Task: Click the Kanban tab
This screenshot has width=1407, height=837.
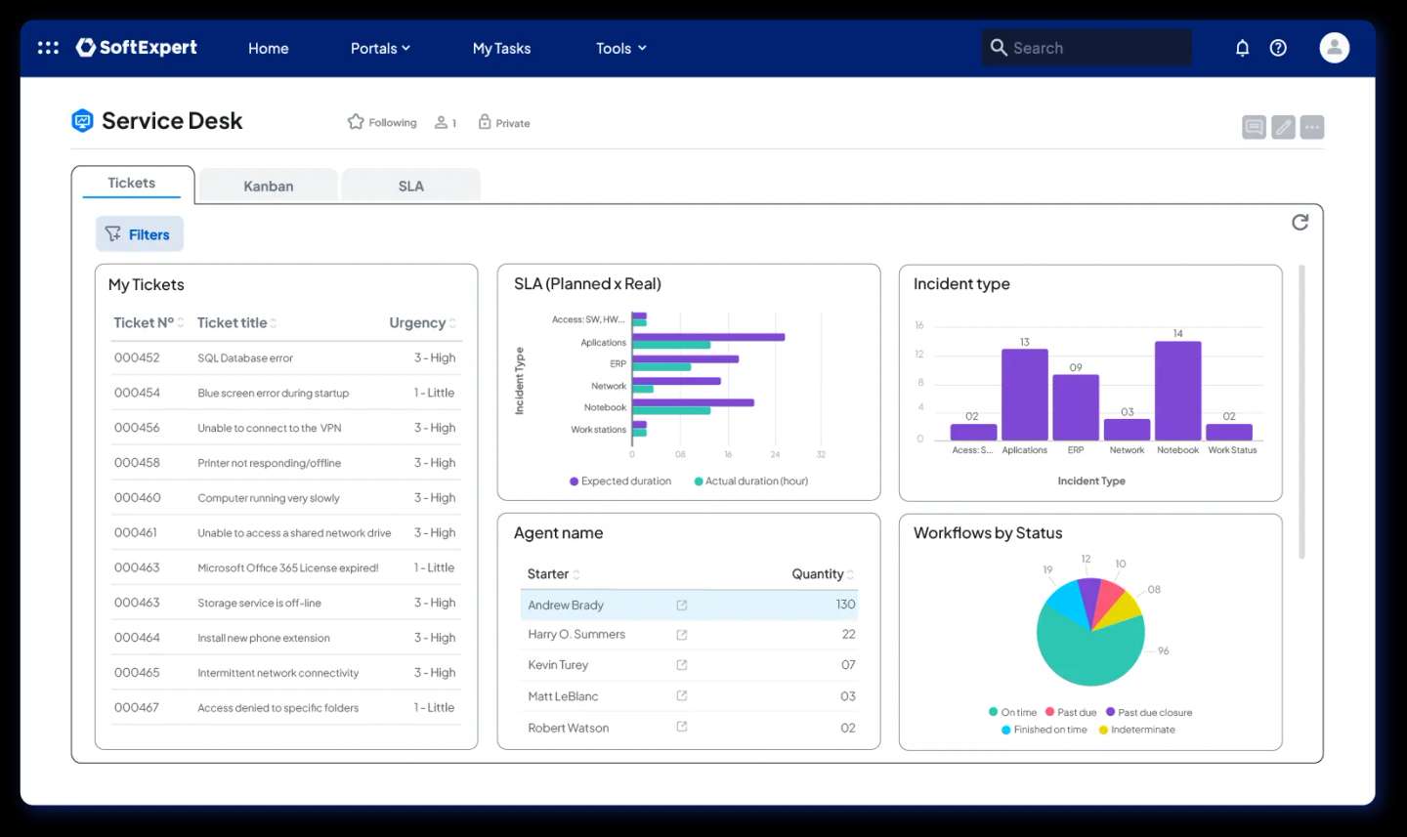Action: tap(268, 186)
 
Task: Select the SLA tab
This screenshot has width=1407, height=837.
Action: tap(410, 186)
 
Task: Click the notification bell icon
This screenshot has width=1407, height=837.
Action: tap(1242, 48)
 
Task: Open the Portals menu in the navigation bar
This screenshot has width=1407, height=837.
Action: tap(379, 48)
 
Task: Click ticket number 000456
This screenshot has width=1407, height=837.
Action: tap(137, 428)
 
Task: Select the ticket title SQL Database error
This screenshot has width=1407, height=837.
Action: tap(245, 358)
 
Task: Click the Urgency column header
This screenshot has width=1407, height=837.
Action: tap(417, 323)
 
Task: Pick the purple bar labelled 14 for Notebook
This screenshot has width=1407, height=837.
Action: tap(1177, 391)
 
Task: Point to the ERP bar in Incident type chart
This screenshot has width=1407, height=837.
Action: tap(1076, 407)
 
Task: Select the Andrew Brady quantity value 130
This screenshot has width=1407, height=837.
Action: tap(845, 605)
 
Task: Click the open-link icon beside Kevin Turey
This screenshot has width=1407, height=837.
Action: tap(682, 665)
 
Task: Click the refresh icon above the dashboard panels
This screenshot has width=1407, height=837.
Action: tap(1300, 223)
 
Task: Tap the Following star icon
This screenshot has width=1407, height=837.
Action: tap(356, 122)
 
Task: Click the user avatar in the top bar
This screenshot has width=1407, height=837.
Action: tap(1334, 48)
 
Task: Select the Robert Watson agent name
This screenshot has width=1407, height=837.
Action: tap(568, 728)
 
